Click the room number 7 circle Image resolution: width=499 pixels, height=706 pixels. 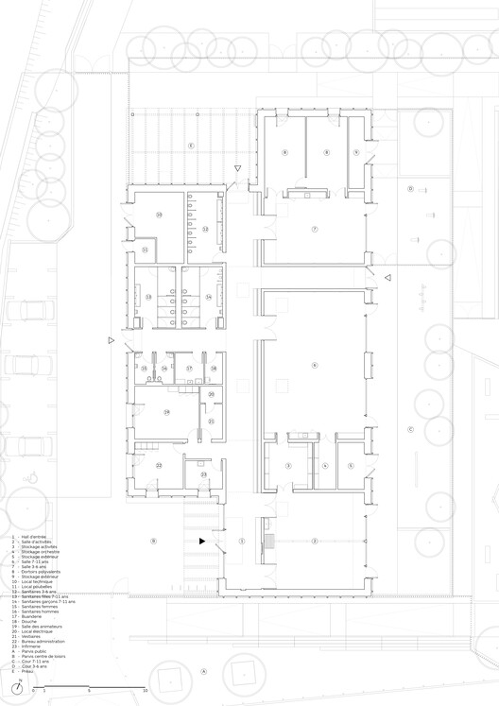click(x=315, y=230)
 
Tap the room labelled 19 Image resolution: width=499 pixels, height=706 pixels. click(x=166, y=412)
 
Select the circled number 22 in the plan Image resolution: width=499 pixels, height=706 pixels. click(x=159, y=465)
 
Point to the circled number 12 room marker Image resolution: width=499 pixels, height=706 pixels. click(x=204, y=230)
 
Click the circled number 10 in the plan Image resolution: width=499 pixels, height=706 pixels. click(x=159, y=215)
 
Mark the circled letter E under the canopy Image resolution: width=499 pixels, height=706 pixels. click(x=190, y=146)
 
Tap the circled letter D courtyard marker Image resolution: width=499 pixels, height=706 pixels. click(x=410, y=189)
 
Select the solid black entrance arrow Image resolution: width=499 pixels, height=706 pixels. click(x=201, y=541)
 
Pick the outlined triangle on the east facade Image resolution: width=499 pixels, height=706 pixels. click(x=387, y=276)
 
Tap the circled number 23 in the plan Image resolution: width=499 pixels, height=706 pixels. click(x=189, y=474)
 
